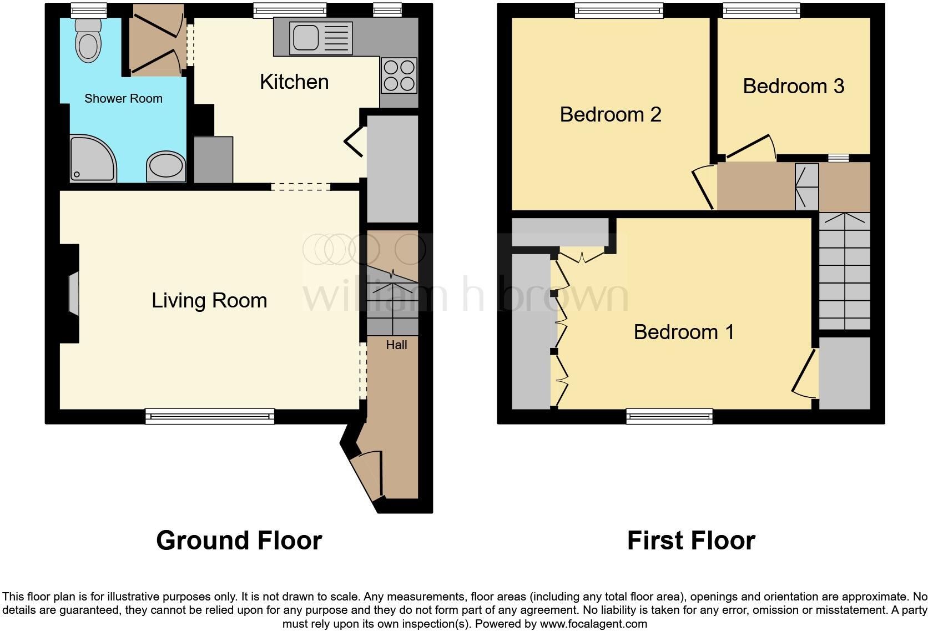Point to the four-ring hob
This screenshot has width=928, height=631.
(x=399, y=75)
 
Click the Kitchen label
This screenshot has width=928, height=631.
(x=294, y=82)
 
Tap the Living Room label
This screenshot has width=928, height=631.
(x=209, y=301)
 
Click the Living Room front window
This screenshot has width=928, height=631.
(x=210, y=416)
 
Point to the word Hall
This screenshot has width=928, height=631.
(x=396, y=345)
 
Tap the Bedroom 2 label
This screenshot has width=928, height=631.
(x=610, y=115)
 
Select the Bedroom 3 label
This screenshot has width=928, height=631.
(x=793, y=87)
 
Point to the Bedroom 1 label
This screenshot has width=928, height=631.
(x=684, y=332)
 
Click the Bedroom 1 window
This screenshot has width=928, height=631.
(x=669, y=416)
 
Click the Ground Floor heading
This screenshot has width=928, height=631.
(x=239, y=541)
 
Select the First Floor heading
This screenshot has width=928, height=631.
(x=690, y=541)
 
